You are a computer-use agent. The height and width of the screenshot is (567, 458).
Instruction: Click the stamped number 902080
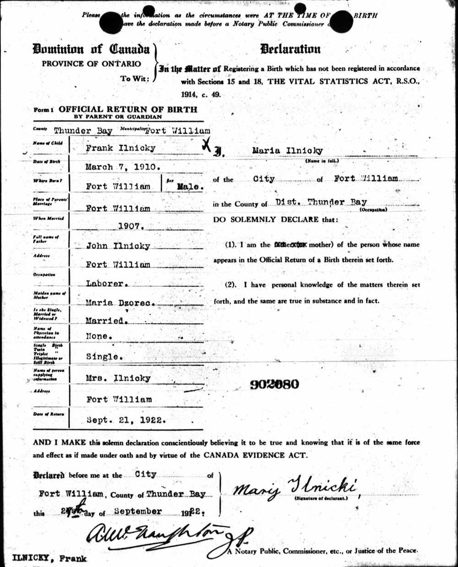click(x=274, y=384)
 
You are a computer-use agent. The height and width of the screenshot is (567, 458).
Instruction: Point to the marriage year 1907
click(x=131, y=226)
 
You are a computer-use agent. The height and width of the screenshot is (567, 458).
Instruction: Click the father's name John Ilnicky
click(x=118, y=246)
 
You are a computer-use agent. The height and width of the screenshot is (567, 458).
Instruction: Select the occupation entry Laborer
click(x=105, y=283)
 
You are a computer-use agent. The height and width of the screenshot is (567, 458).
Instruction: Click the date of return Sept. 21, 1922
click(x=126, y=419)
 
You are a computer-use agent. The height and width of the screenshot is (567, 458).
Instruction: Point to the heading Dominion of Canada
click(x=91, y=49)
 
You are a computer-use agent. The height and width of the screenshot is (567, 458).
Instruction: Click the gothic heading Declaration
click(x=290, y=49)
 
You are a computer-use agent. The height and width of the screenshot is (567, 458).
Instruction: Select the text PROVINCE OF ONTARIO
click(x=92, y=64)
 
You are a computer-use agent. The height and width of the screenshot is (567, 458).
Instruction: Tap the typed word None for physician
click(x=97, y=336)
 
